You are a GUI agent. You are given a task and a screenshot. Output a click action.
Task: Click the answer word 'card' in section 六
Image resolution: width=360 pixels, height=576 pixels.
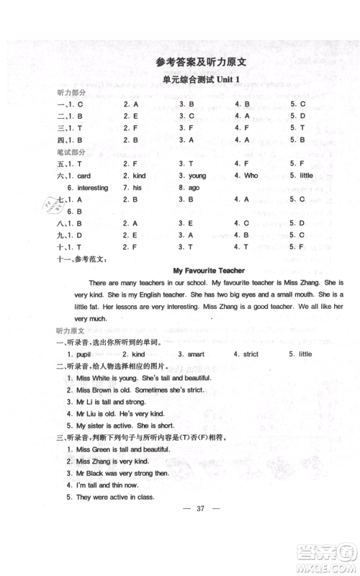(x=84, y=176)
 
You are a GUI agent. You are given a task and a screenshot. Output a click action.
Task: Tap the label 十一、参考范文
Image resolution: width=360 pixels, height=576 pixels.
(x=81, y=258)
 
